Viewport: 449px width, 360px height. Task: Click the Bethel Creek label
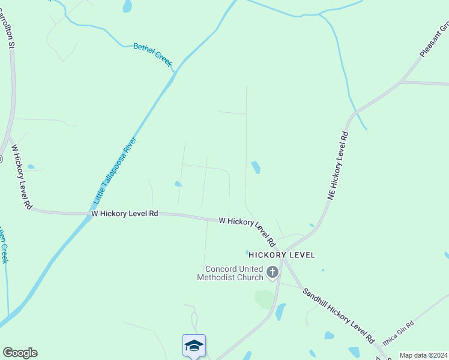152,54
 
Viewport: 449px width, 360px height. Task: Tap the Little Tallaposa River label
115,170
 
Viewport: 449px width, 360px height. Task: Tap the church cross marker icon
273,273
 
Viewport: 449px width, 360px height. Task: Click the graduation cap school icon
194,346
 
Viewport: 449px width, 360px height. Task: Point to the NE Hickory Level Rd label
338,166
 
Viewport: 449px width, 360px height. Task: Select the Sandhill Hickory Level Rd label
339,315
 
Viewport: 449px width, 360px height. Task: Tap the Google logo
20,353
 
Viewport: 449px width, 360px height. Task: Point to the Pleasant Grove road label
434,41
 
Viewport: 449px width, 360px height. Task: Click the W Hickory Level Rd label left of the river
124,213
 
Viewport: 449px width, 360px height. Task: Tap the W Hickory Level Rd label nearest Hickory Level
247,231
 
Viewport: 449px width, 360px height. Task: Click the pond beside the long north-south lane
256,167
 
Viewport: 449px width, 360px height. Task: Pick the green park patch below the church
264,299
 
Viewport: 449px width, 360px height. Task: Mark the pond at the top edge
127,6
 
